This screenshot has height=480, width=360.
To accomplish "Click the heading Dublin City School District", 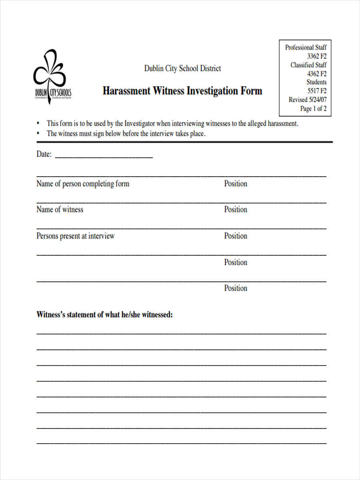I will (x=182, y=68).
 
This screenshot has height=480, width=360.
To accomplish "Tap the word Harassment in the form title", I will (x=126, y=91).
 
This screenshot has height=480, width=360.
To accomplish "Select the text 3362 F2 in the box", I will (x=317, y=56).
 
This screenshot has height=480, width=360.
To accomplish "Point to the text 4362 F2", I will (x=317, y=74).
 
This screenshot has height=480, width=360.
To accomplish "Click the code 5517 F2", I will (x=317, y=91).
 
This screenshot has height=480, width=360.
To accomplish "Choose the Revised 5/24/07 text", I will (x=308, y=100).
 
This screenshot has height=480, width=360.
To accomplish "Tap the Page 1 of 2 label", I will (x=313, y=108).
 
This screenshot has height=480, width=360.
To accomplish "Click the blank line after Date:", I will (x=104, y=155).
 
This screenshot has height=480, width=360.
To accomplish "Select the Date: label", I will (x=44, y=154).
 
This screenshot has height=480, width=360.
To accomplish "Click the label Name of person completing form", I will (x=83, y=184).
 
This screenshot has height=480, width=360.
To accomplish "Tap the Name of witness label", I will (x=60, y=209).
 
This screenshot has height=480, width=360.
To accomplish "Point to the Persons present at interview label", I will (x=76, y=236).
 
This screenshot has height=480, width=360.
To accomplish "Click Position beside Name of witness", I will (x=236, y=209).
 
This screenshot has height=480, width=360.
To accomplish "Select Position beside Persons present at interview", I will (x=236, y=236).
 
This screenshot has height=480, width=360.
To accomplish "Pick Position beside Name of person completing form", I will (x=236, y=184).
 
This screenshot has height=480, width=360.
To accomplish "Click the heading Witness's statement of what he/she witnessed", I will (x=105, y=314).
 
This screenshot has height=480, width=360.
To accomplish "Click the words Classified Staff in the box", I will (x=308, y=65).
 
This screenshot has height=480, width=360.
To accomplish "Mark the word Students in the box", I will (x=316, y=82).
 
